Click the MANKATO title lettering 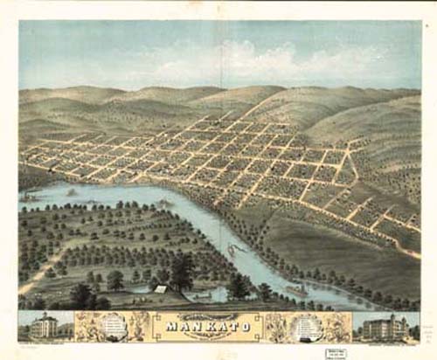pos(214,327)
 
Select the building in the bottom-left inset pos(43,327)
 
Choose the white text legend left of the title pos(114,326)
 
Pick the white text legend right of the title pos(310,326)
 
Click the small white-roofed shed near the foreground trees pos(161,288)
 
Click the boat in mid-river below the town pos(233,250)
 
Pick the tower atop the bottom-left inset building pos(43,315)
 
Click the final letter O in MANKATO pos(253,328)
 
